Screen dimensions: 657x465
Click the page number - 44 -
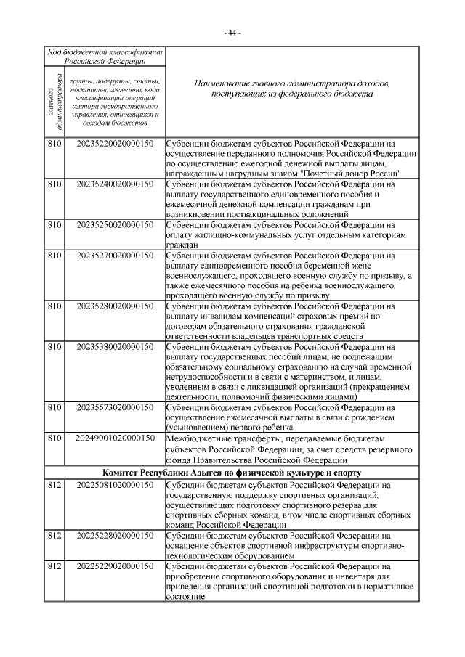(x=232, y=33)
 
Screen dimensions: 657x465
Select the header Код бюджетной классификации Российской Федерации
(x=105, y=57)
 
